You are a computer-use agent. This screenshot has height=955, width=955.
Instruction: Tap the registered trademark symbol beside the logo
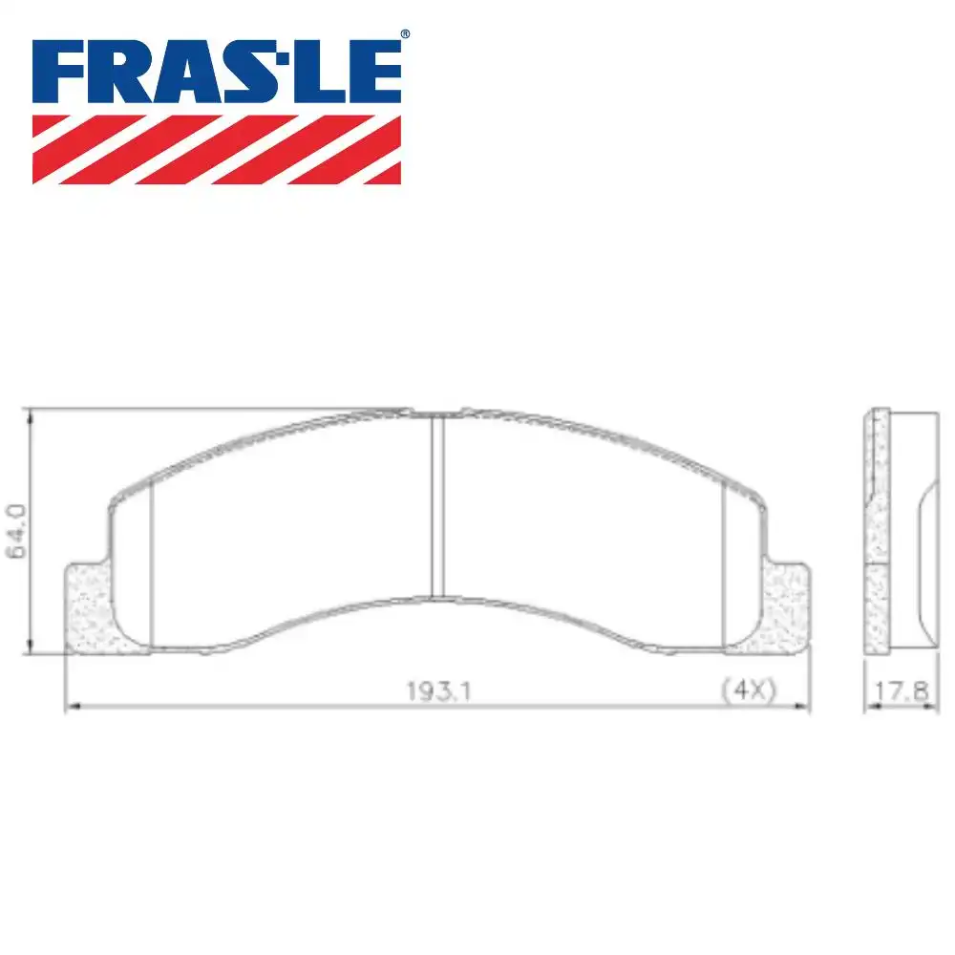point(405,34)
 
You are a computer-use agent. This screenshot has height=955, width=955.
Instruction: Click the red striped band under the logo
point(217,149)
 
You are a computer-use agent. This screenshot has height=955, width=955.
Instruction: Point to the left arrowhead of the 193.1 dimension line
point(70,708)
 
